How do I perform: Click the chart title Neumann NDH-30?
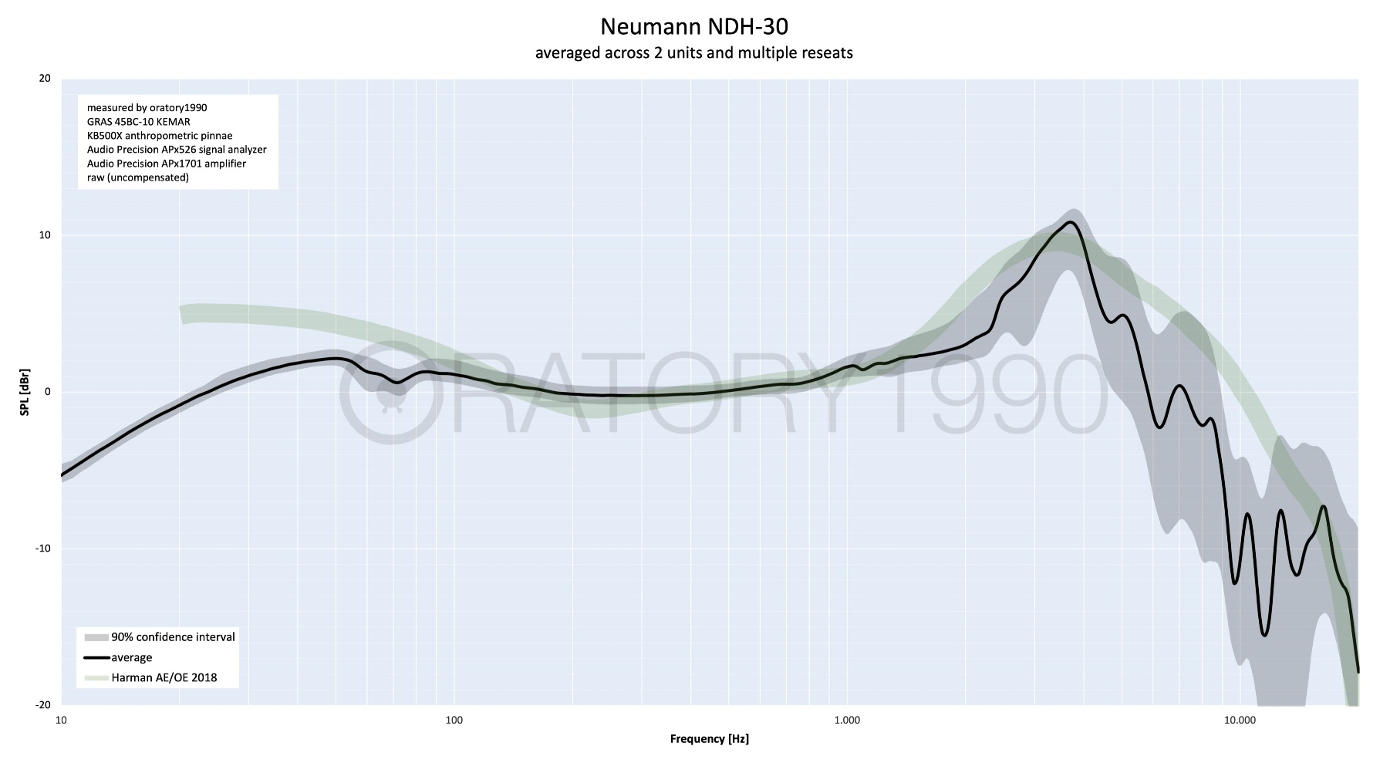pos(694,27)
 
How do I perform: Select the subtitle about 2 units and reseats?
pos(694,53)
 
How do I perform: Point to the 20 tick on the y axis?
pos(45,79)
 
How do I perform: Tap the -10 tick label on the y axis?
pos(42,549)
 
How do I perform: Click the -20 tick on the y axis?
pos(42,705)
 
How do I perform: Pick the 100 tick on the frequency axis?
pos(454,721)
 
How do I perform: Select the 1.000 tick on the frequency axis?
pos(847,721)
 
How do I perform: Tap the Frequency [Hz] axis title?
pos(709,739)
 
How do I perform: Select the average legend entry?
pos(132,658)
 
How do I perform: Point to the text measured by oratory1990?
pos(147,108)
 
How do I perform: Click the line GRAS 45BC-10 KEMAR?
pos(138,122)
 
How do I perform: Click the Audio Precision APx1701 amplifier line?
pos(166,164)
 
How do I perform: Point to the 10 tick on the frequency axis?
pos(62,721)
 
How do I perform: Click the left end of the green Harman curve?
pos(182,314)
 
